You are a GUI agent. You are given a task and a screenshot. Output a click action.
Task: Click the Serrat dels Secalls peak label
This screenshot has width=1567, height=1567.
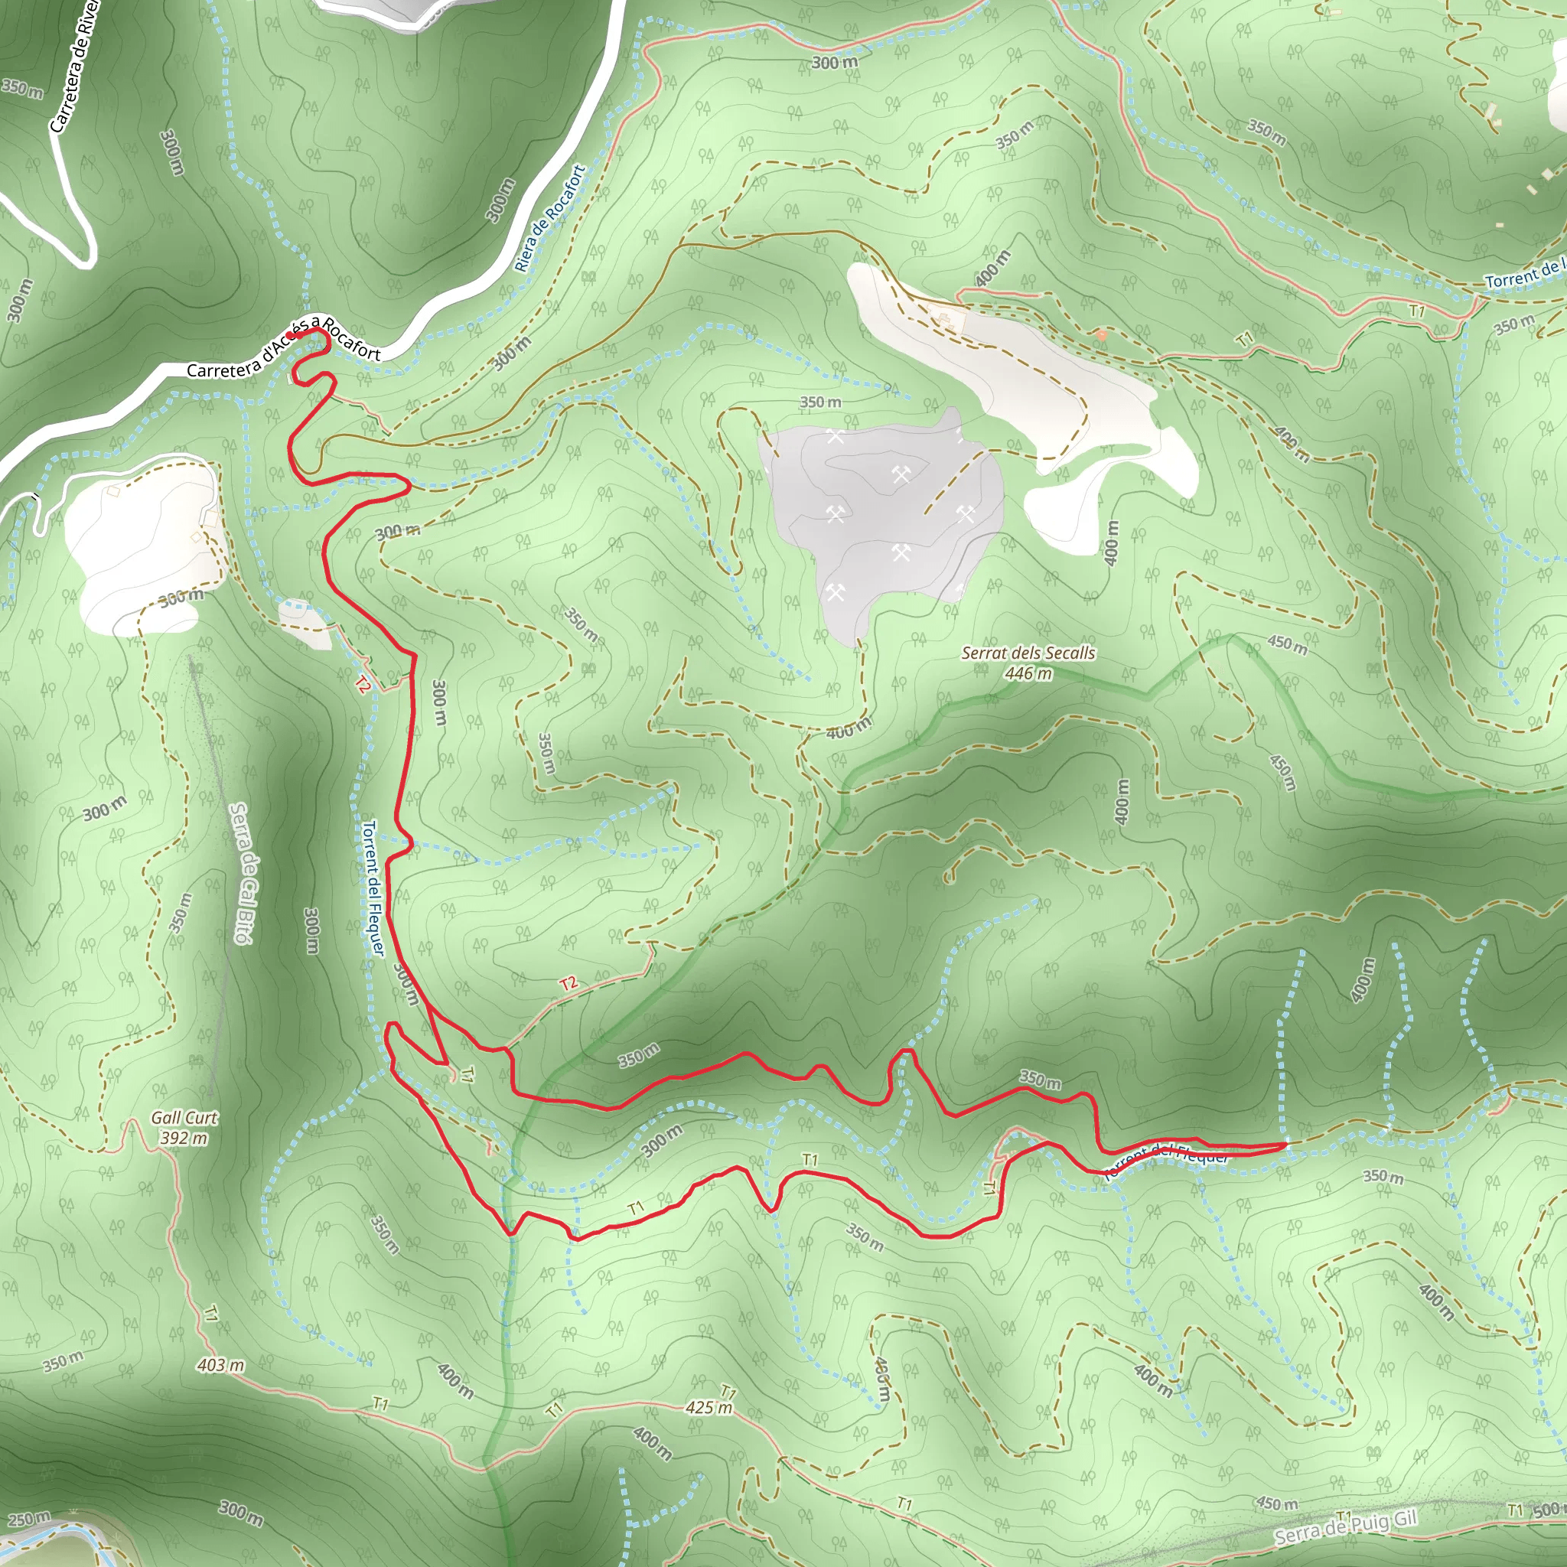[x=1028, y=653]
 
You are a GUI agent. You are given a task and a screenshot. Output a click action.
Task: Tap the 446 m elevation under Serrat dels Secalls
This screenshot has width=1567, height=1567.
[x=1028, y=673]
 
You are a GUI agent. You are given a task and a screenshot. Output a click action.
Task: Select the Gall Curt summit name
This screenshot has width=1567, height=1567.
[x=184, y=1118]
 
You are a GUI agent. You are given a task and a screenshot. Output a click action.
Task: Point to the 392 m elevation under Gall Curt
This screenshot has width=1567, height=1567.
[x=184, y=1138]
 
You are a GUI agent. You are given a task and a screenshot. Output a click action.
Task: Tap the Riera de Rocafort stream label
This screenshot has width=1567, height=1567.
[x=550, y=217]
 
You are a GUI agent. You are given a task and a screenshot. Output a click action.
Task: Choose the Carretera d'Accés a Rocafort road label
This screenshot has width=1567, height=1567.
[x=283, y=350]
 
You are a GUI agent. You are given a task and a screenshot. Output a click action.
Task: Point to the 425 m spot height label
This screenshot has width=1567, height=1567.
[x=708, y=1407]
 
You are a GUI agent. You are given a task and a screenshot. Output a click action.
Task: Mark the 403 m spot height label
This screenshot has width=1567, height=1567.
[x=220, y=1365]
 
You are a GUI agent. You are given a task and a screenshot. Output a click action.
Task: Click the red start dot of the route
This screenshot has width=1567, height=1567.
[x=290, y=335]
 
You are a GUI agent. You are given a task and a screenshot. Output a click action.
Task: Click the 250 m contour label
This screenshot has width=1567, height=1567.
[x=28, y=1518]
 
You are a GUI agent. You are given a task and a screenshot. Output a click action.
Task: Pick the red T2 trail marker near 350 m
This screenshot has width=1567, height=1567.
[x=568, y=983]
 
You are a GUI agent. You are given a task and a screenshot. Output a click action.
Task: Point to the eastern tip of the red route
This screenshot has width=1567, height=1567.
[x=1285, y=1145]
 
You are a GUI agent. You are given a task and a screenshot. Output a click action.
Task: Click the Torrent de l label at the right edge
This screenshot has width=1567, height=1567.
[x=1525, y=273]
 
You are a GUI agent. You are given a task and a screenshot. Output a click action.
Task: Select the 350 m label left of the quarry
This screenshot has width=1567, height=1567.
[x=820, y=402]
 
